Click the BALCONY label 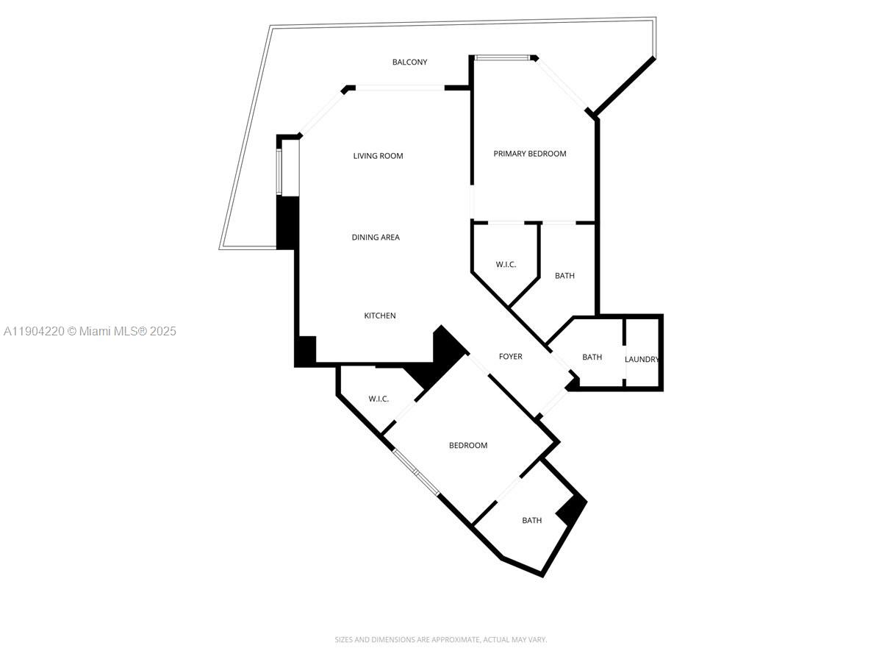point(409,63)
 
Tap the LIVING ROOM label point(378,156)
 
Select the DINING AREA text point(376,238)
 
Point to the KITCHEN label point(380,316)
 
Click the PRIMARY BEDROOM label point(530,154)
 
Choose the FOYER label point(511,357)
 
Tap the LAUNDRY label point(642,360)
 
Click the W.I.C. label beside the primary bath point(506,264)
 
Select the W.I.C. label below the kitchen point(379,399)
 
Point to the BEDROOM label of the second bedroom point(468,446)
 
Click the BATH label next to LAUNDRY point(592,357)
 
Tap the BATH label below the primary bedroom point(564,276)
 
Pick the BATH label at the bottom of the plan point(532,521)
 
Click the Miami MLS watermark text point(89,332)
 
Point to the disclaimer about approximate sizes point(441,640)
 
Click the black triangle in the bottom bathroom point(573,510)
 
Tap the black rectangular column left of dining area point(287,222)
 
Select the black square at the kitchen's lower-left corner point(305,350)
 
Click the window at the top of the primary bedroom point(502,57)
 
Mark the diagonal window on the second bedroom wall point(416,472)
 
